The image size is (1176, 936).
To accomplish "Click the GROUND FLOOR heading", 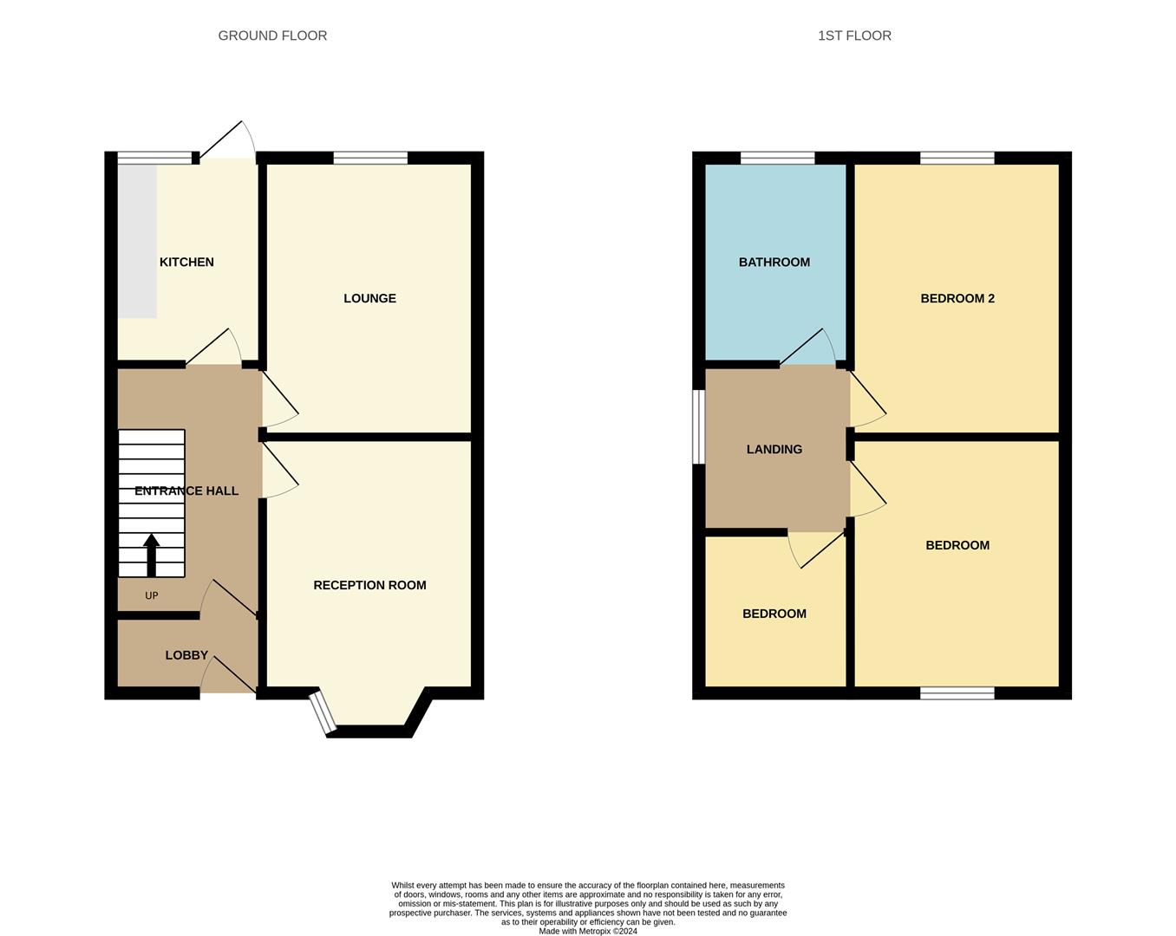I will tap(272, 36).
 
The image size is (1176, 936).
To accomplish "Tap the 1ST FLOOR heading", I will tap(854, 36).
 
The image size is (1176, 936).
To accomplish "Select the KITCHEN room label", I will tap(186, 262).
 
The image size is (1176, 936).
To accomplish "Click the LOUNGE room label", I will tap(369, 298).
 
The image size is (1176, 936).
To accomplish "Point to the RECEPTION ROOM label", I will tap(369, 585).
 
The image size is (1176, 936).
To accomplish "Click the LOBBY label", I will tap(186, 655).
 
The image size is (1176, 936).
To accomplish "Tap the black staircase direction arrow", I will tap(152, 555).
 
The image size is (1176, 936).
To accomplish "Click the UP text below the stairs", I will tap(152, 595).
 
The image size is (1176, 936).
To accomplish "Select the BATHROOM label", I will tap(774, 262).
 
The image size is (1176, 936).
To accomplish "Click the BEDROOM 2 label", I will tap(957, 298).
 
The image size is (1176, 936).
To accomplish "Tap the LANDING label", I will tap(774, 449).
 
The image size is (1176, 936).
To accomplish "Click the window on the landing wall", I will tap(696, 426).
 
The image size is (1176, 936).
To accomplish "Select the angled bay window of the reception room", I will tap(323, 712).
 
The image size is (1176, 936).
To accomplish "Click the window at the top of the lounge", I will tap(370, 158).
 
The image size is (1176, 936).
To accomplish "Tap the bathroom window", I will tap(777, 158).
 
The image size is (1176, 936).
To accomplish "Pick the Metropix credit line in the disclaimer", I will tap(588, 932).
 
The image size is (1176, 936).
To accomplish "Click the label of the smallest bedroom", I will tap(774, 614).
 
